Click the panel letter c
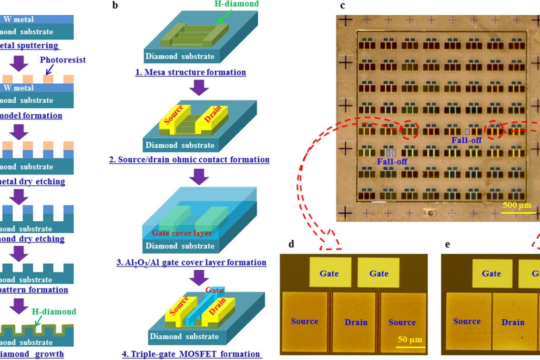coord(342,6)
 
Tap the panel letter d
coord(291,244)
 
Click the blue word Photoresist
coord(62,60)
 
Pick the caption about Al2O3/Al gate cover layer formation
coord(191,262)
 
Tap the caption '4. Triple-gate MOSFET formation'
coord(191,354)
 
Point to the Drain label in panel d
coord(356,322)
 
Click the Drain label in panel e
coord(513,322)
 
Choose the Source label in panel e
coord(467,321)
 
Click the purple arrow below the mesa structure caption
coord(199,87)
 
